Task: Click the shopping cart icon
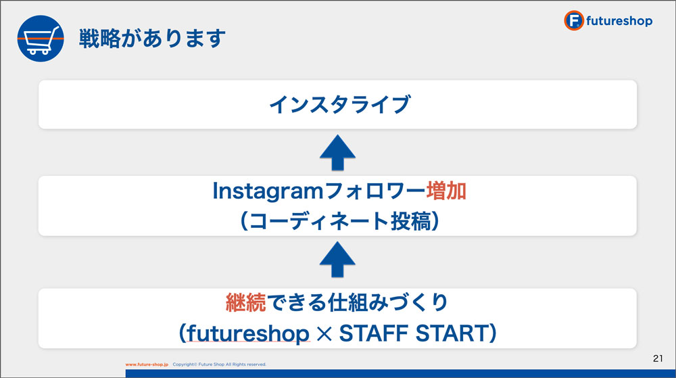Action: (41, 39)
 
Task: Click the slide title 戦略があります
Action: (152, 38)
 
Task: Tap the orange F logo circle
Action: (574, 20)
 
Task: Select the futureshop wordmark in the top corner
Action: (619, 21)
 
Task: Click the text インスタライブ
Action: (339, 105)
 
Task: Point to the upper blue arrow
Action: (337, 153)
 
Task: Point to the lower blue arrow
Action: (337, 260)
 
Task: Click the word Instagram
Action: (268, 191)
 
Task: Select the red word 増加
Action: (446, 191)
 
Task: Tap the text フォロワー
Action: (375, 191)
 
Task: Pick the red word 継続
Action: (246, 302)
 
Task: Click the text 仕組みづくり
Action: (388, 302)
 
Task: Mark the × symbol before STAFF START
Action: (324, 334)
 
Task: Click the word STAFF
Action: (374, 333)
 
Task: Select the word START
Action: (452, 333)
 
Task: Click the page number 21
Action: (658, 358)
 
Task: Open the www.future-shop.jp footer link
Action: (147, 364)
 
